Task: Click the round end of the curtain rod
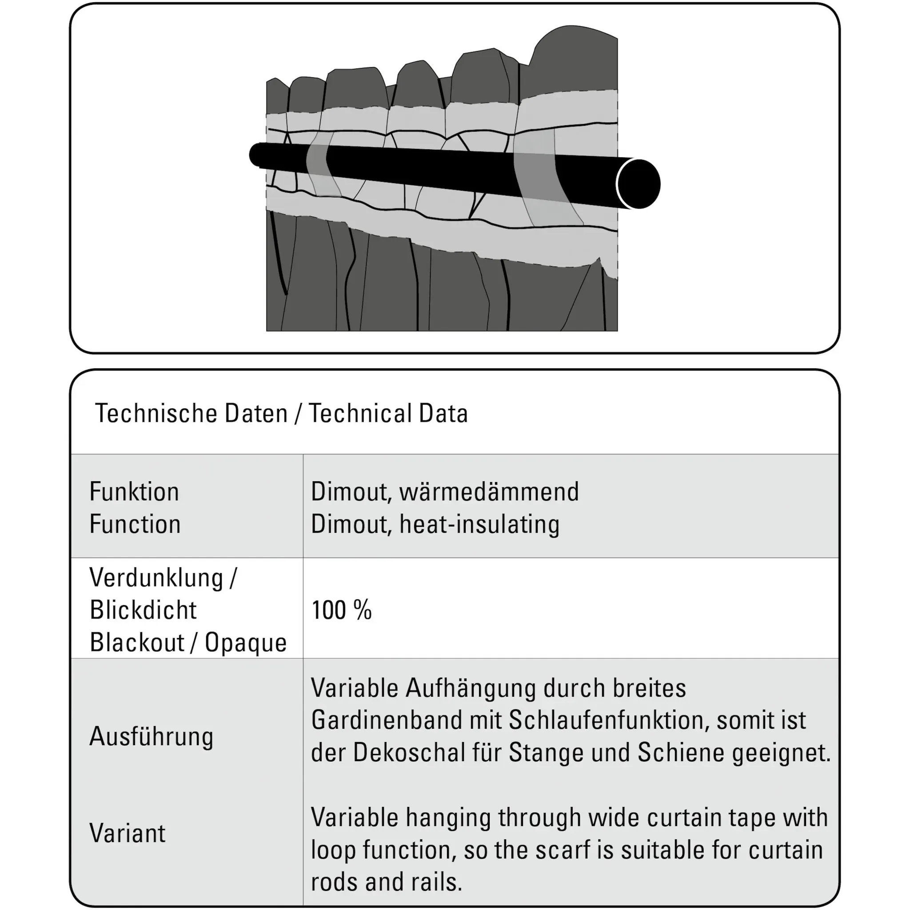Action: click(x=638, y=184)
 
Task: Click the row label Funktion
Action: click(x=134, y=492)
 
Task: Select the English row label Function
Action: click(x=135, y=524)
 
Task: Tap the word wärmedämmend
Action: click(x=489, y=492)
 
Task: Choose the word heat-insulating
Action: click(x=479, y=524)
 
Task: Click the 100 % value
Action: click(x=342, y=610)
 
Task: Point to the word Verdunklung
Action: click(x=156, y=578)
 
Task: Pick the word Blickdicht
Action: click(x=143, y=610)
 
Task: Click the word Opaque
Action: click(x=245, y=643)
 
